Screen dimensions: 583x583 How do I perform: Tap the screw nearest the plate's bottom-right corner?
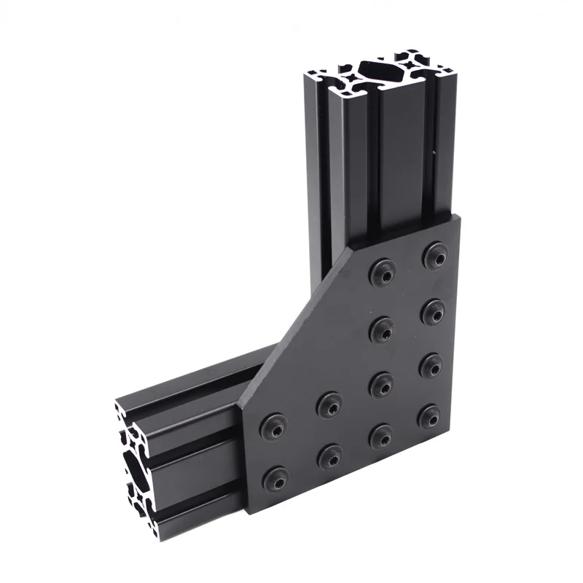click(429, 418)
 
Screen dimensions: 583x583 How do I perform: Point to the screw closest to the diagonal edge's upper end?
click(383, 273)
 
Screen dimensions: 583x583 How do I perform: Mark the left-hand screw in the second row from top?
click(382, 329)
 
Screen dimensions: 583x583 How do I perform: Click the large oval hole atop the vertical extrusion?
click(381, 71)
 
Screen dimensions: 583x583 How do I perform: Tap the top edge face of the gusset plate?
click(408, 232)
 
